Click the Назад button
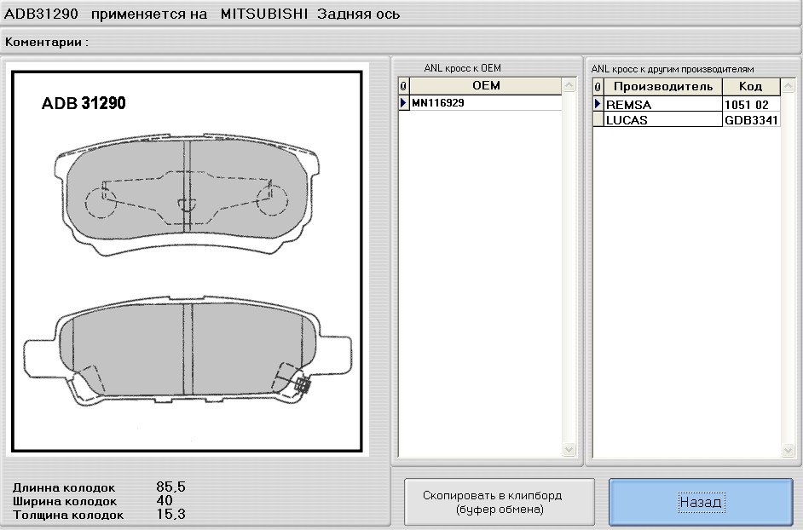click(701, 502)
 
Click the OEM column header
click(485, 86)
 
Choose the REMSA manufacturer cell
click(661, 105)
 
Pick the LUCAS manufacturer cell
click(661, 120)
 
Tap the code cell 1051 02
click(750, 105)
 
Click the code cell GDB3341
click(750, 120)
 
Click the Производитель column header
click(662, 87)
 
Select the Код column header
click(750, 87)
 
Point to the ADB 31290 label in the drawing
click(84, 103)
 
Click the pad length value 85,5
click(170, 487)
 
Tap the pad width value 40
click(165, 501)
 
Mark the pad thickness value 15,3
click(170, 515)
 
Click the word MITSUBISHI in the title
click(264, 14)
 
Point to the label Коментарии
click(47, 41)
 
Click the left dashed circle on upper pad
click(101, 203)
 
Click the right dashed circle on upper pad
click(273, 203)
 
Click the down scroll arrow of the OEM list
click(569, 449)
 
